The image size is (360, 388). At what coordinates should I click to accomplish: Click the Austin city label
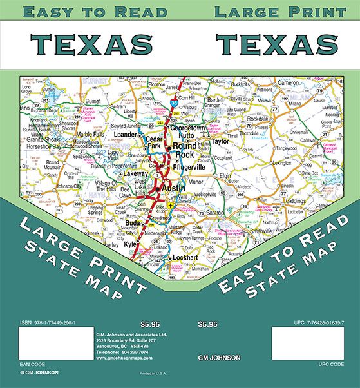point(173,188)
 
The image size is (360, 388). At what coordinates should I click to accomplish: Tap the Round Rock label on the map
point(184,151)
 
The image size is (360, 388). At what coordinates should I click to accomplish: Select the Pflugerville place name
point(193,166)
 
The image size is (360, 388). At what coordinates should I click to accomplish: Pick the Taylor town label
point(221,141)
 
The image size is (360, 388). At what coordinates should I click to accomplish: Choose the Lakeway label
point(135,173)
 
